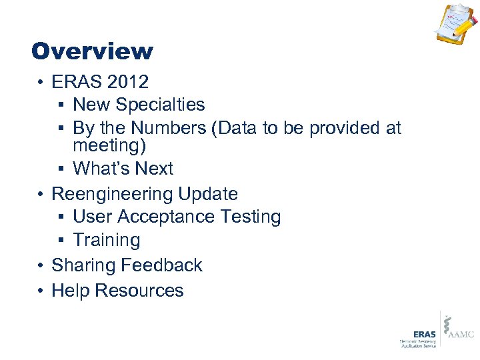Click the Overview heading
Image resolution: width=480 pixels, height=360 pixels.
[x=92, y=51]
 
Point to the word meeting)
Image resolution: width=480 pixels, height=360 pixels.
[x=109, y=145]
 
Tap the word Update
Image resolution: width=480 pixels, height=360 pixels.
[x=208, y=194]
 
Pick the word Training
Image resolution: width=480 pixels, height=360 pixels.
[x=107, y=240]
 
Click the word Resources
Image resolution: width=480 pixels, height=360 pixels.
[x=139, y=291]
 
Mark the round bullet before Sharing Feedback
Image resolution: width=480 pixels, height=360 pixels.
[x=41, y=265]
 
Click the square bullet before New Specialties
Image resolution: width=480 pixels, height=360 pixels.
[x=61, y=105]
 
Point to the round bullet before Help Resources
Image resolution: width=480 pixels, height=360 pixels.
[x=41, y=291]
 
